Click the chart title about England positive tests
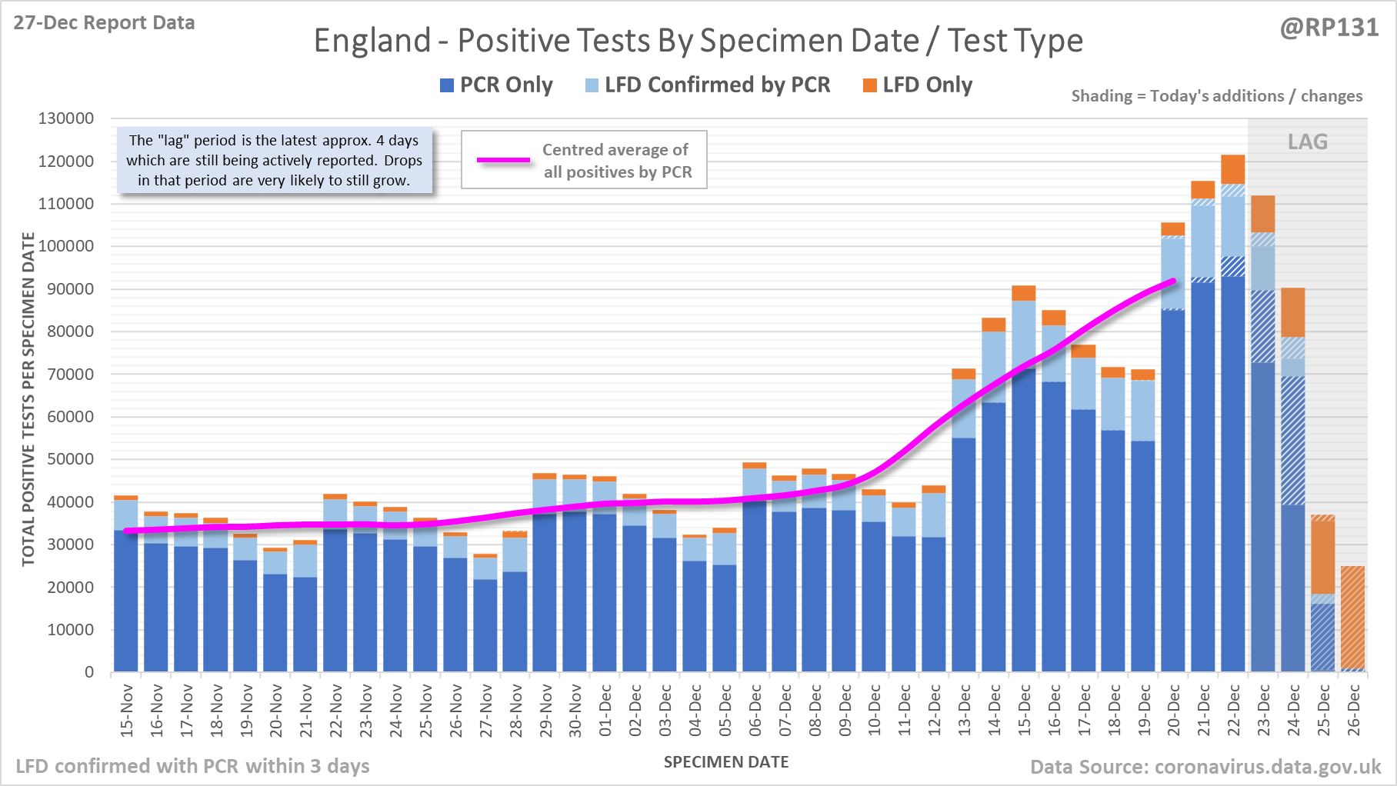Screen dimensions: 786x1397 click(698, 41)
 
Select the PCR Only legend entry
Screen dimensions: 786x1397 click(496, 85)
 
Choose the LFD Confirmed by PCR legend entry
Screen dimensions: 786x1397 click(708, 85)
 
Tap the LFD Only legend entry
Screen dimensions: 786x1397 click(918, 85)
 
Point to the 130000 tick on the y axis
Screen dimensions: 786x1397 click(66, 119)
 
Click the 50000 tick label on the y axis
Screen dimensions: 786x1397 click(66, 459)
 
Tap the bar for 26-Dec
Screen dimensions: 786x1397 click(1352, 619)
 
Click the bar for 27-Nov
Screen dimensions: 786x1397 click(485, 615)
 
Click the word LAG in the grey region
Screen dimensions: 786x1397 click(1308, 142)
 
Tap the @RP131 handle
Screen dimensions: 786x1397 click(1329, 28)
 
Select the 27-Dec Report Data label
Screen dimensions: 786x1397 click(104, 23)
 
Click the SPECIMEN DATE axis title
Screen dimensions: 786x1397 click(726, 762)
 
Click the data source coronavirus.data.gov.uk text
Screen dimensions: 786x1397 click(1205, 767)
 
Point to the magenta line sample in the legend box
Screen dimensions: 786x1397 click(504, 160)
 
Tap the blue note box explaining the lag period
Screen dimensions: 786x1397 click(274, 161)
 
